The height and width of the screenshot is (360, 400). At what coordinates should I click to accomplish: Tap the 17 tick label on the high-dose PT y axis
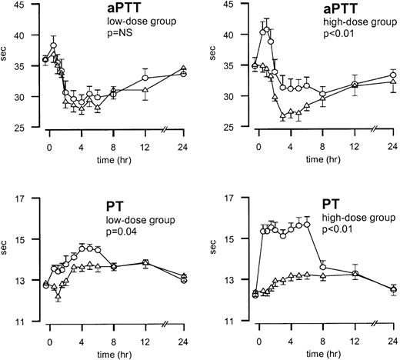[235, 198]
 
